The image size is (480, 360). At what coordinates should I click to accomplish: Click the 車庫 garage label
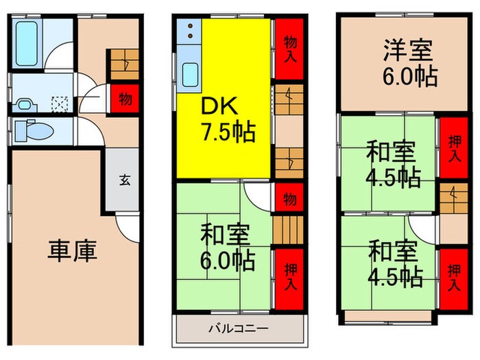[x=72, y=250]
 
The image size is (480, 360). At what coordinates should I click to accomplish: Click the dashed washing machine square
[x=60, y=104]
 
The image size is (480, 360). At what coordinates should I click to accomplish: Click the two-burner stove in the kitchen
[x=190, y=32]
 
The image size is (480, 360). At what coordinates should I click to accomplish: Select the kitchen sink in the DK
[x=190, y=72]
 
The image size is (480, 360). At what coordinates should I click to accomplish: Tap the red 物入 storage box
[x=289, y=49]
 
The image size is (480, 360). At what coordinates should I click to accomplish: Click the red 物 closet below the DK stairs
[x=289, y=199]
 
